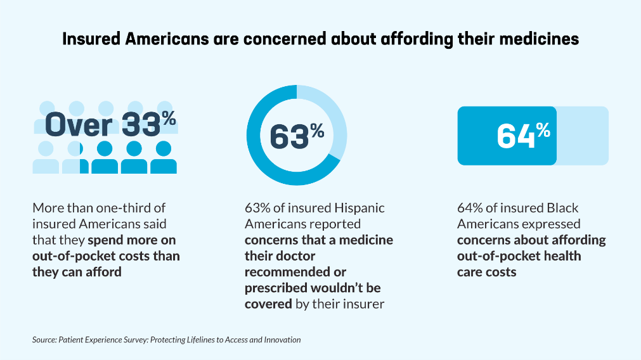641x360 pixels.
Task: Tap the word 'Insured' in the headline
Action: [91, 39]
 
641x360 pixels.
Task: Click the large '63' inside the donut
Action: [289, 137]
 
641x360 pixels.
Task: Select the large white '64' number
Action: [516, 136]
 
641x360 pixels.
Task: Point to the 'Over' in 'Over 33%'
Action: [79, 125]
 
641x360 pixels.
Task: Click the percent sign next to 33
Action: [169, 119]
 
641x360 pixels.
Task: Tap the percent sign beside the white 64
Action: [543, 131]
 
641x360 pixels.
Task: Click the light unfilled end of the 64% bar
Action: [583, 136]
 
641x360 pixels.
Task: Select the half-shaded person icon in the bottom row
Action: [75, 157]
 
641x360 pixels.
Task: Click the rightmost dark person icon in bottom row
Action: [164, 157]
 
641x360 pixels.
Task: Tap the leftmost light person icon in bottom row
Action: [46, 157]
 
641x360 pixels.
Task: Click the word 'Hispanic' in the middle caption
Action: [359, 208]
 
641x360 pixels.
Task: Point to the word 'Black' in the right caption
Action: [562, 208]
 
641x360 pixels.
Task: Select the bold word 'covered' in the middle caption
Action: [268, 304]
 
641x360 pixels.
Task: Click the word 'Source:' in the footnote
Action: [44, 340]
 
